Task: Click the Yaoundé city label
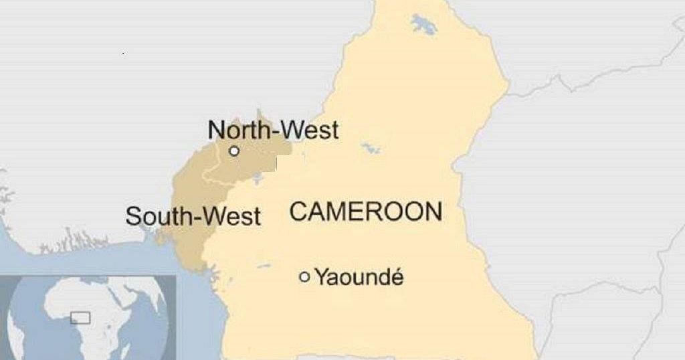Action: [359, 276]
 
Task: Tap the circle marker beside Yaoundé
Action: [304, 276]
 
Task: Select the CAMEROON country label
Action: [365, 212]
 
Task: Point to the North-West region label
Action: [273, 130]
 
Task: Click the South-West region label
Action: [193, 216]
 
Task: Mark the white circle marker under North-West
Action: [234, 151]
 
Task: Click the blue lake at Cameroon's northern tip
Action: [423, 25]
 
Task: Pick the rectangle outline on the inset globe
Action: [80, 318]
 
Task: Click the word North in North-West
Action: [236, 130]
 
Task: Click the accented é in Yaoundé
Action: [397, 276]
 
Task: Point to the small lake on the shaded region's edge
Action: [257, 178]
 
